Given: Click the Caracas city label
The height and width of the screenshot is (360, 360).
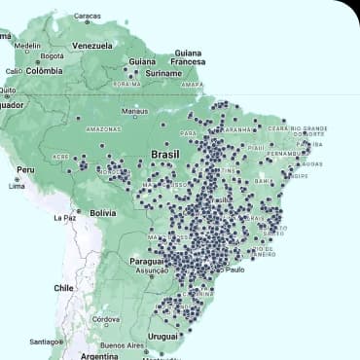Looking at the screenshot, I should pos(88,17).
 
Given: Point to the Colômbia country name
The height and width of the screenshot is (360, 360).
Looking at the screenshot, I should pos(43,70).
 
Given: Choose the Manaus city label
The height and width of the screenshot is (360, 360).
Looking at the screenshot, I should pos(133,111).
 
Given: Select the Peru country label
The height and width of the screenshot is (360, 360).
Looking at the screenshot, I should pos(25,169).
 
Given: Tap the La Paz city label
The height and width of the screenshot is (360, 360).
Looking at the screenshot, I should pos(65,217).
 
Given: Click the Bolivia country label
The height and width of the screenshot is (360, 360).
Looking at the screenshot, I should pos(103,212).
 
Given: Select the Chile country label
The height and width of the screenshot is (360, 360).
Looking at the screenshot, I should pos(64,288).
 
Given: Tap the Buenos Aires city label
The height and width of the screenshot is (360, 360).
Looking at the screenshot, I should pos(122,345).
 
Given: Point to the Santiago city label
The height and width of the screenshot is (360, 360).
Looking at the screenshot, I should pos(46,342).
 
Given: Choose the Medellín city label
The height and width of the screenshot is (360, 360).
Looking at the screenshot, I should pos(27,45).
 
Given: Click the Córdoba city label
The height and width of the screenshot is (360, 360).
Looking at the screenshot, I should pos(105,318).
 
